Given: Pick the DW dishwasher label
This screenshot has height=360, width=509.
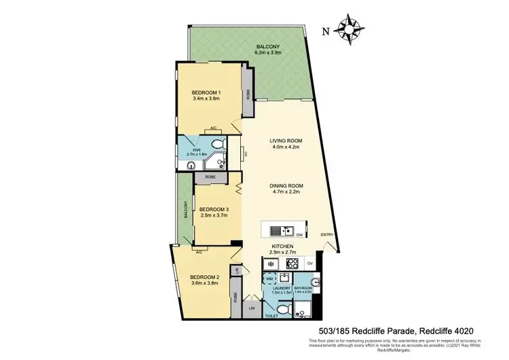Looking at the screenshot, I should click(x=299, y=236).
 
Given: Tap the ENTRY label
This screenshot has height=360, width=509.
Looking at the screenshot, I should click(x=326, y=236).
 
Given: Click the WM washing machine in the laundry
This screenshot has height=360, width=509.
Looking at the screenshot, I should click(x=271, y=278).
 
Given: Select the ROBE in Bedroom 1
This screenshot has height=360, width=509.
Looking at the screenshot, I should click(x=248, y=94).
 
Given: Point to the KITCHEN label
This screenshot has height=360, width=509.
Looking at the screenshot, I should click(x=282, y=247).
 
